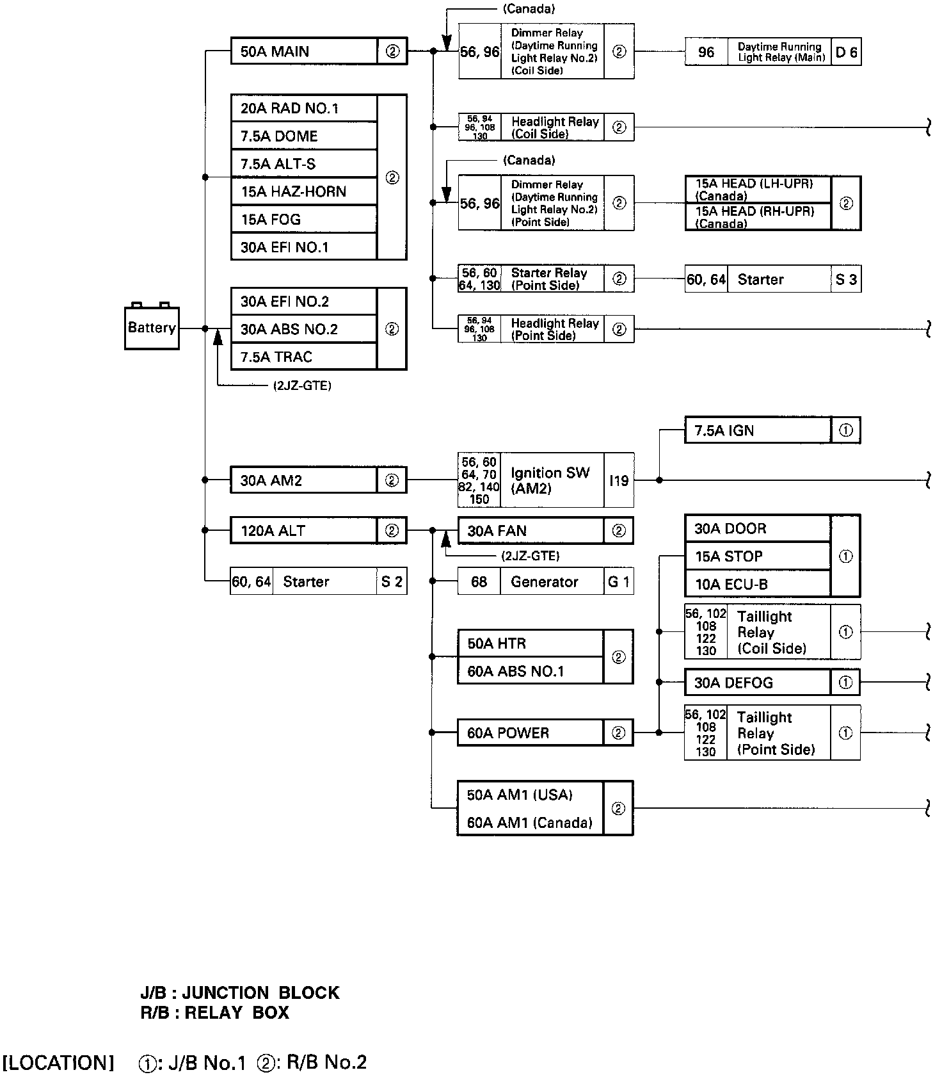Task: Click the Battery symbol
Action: pyautogui.click(x=152, y=328)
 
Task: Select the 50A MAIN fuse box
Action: pyautogui.click(x=303, y=51)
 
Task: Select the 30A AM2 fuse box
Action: pyautogui.click(x=303, y=480)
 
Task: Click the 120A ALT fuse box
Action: pyautogui.click(x=303, y=531)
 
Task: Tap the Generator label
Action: pyautogui.click(x=544, y=582)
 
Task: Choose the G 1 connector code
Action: pyautogui.click(x=618, y=582)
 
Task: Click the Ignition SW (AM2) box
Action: pyautogui.click(x=550, y=480)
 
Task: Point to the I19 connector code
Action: pyautogui.click(x=618, y=480)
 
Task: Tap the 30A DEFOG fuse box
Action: pyautogui.click(x=757, y=683)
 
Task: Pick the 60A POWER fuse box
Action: pyautogui.click(x=530, y=733)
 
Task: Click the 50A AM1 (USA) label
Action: pyautogui.click(x=520, y=795)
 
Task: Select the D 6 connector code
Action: pyautogui.click(x=846, y=52)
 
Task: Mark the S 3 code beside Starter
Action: pyautogui.click(x=846, y=279)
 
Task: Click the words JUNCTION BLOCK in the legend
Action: pyautogui.click(x=260, y=993)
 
